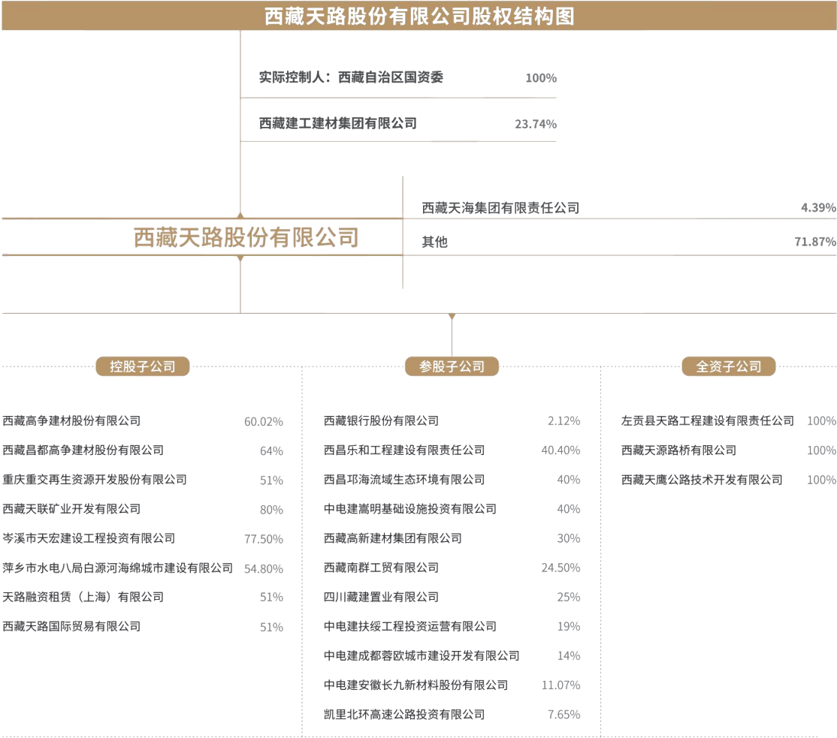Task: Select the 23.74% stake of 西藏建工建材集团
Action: [x=535, y=125]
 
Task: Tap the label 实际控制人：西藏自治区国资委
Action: [x=351, y=77]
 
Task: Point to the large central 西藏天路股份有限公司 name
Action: [x=246, y=238]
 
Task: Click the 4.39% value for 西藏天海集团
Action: [x=818, y=208]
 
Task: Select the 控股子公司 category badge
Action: [x=142, y=366]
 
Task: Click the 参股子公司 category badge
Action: [x=452, y=366]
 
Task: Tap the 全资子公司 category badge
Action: [x=728, y=366]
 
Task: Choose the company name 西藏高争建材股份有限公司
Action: [x=71, y=421]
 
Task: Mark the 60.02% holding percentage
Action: [x=263, y=422]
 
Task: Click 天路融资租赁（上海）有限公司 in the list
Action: [x=83, y=598]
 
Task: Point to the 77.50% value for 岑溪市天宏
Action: [x=263, y=539]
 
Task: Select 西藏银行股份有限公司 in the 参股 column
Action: [x=381, y=421]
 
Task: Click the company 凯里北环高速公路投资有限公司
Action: [x=404, y=715]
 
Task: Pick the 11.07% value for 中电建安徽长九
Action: [x=561, y=685]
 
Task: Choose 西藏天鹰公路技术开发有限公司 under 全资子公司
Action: [x=702, y=480]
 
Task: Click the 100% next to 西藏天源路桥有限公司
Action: [x=820, y=450]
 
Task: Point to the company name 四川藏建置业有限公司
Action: [x=381, y=598]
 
